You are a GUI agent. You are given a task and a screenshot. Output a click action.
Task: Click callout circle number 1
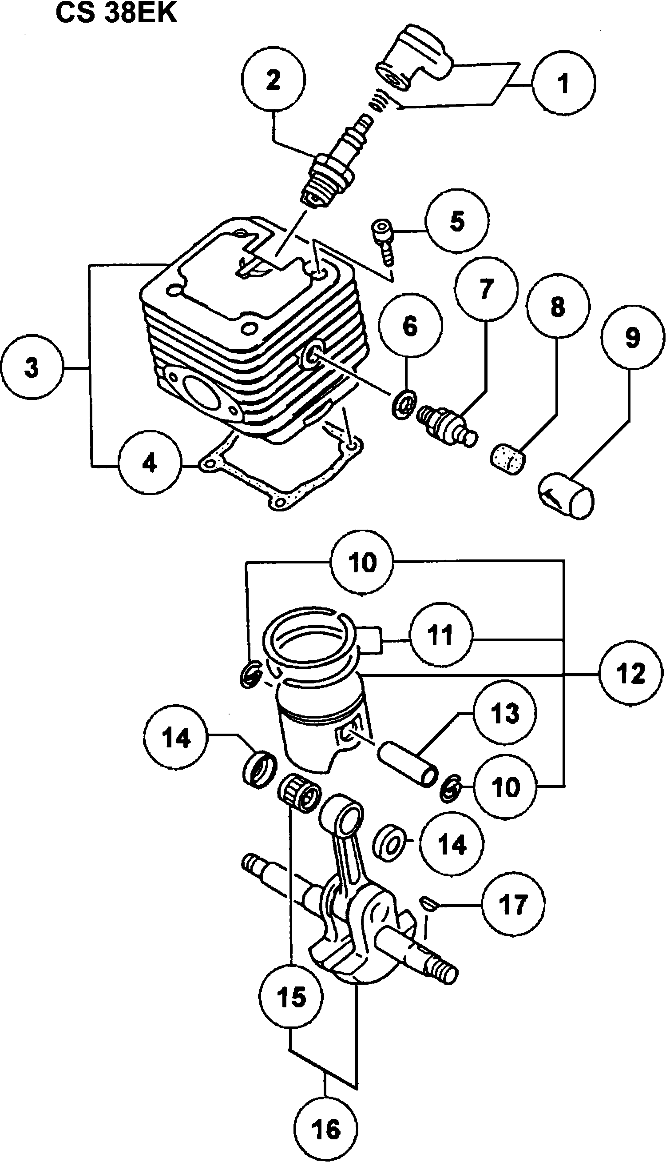click(564, 83)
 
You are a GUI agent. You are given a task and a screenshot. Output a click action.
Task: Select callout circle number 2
click(273, 80)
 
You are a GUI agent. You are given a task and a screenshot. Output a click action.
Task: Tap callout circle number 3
click(32, 368)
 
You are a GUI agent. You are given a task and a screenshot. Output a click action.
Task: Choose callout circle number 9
click(632, 338)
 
